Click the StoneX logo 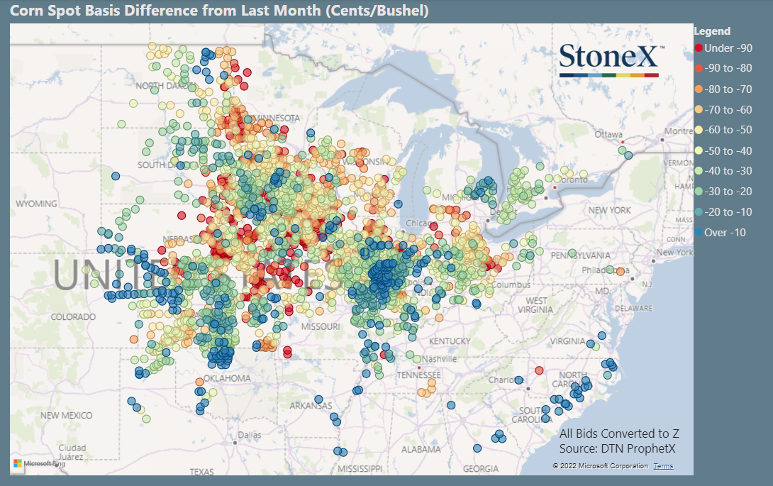(x=611, y=60)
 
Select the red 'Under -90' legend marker (x=699, y=48)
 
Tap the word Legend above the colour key (x=712, y=31)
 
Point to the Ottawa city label (x=608, y=134)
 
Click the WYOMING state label (x=36, y=204)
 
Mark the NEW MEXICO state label (x=67, y=415)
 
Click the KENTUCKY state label (x=449, y=341)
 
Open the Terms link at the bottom (x=663, y=466)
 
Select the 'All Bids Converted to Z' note (x=619, y=433)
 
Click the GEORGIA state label (x=481, y=469)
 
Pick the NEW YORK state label (x=608, y=210)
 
